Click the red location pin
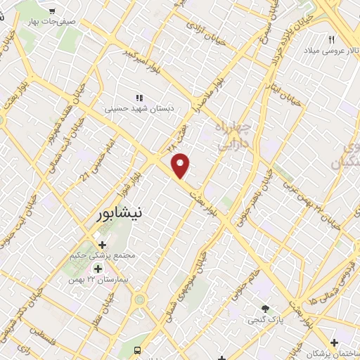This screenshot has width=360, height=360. pyautogui.click(x=181, y=166)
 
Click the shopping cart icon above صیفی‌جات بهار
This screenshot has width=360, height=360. pyautogui.click(x=53, y=11)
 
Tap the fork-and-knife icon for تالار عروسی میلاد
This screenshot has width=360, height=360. pyautogui.click(x=331, y=39)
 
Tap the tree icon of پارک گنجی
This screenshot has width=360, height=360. pyautogui.click(x=265, y=308)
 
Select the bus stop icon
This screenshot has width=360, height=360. pyautogui.click(x=138, y=350)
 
